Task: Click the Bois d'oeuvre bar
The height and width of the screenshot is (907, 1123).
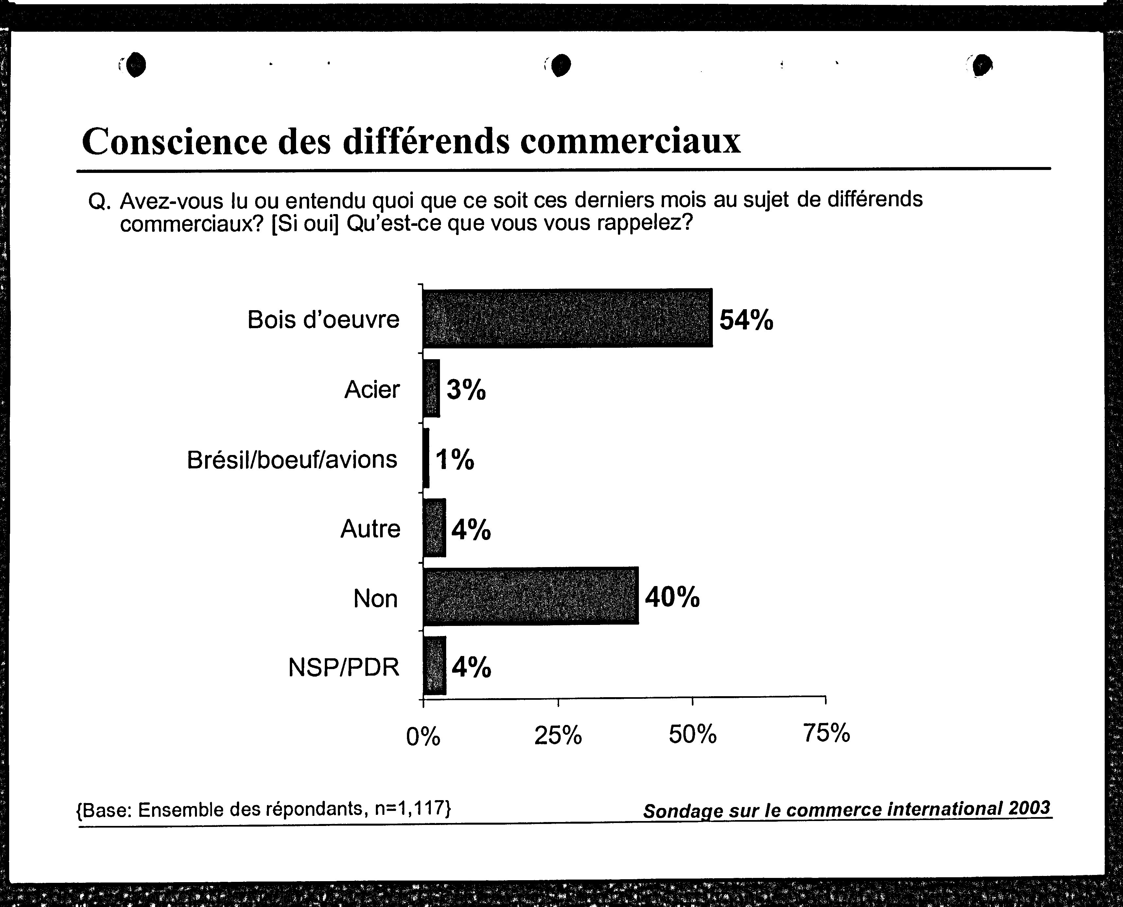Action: pyautogui.click(x=567, y=318)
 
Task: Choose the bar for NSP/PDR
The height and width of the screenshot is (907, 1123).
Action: pyautogui.click(x=434, y=665)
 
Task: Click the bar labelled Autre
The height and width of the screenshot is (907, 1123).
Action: pyautogui.click(x=434, y=528)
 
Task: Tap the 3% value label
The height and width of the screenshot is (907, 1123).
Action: pyautogui.click(x=466, y=390)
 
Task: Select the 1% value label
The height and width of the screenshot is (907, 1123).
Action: pyautogui.click(x=455, y=460)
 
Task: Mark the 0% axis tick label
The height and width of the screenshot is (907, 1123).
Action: pyautogui.click(x=423, y=736)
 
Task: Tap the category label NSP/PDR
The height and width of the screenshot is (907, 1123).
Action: pyautogui.click(x=343, y=667)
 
